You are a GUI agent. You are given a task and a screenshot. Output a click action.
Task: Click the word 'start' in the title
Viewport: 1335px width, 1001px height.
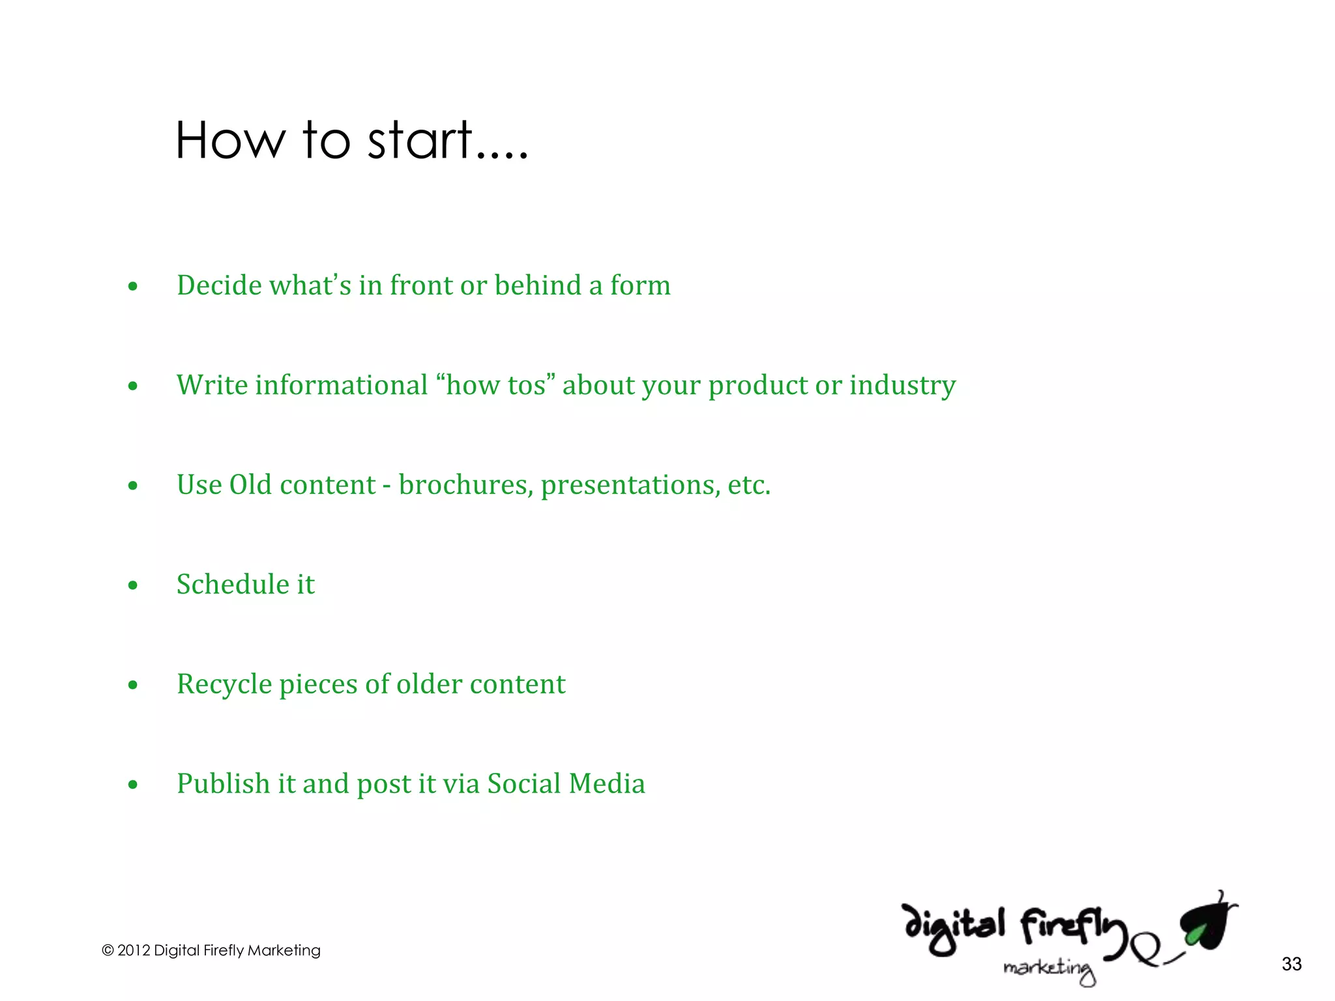[x=420, y=140]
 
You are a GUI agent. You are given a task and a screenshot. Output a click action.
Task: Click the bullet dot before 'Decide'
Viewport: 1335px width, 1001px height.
[x=133, y=287]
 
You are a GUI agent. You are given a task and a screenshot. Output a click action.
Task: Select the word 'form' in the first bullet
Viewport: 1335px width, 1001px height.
[x=640, y=285]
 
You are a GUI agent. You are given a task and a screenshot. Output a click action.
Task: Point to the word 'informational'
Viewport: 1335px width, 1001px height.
[x=341, y=385]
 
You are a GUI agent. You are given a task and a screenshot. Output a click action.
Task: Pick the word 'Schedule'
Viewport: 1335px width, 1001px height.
[x=232, y=585]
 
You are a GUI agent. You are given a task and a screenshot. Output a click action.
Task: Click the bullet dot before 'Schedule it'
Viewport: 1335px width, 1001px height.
[x=133, y=585]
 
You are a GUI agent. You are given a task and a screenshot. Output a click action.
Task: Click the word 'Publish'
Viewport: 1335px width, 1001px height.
[x=223, y=784]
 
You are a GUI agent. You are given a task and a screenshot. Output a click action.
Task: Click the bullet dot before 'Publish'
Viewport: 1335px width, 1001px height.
[x=133, y=785]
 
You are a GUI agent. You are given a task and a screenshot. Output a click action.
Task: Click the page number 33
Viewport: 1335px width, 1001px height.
[x=1291, y=964]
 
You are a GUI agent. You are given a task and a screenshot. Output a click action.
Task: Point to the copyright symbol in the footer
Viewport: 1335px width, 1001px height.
[x=108, y=951]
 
